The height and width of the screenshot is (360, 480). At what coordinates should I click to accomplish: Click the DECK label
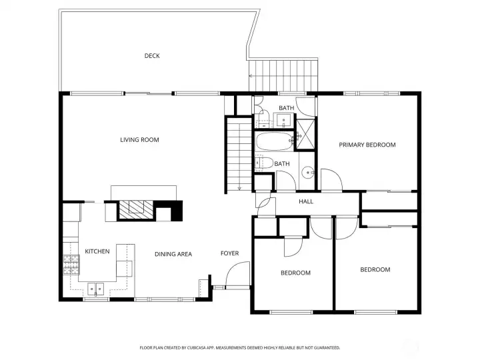(x=152, y=56)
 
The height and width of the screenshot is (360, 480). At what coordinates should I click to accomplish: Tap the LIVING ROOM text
(x=139, y=140)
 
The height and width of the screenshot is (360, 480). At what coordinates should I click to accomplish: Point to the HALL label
(x=306, y=202)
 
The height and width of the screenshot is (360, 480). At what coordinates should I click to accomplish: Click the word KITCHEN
(x=97, y=251)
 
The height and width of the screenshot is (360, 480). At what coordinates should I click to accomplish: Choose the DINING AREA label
(x=173, y=254)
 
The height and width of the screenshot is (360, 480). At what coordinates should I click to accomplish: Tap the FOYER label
(x=229, y=253)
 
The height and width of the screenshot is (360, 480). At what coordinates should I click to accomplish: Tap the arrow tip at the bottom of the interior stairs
(x=238, y=188)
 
